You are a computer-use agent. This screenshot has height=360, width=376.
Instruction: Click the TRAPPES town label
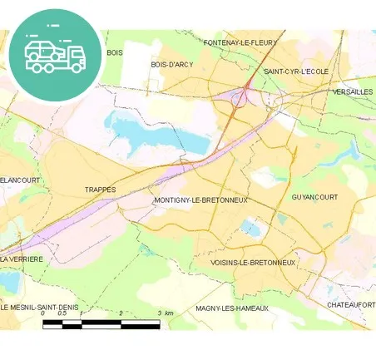(100, 190)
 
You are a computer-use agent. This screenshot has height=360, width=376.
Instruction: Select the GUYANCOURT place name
(314, 197)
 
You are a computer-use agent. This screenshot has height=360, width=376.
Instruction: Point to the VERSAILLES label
(352, 92)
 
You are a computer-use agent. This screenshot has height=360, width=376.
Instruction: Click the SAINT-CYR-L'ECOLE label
(296, 72)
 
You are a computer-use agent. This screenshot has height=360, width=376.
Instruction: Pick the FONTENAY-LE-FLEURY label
(240, 42)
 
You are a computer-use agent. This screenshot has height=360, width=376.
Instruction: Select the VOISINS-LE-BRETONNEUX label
(253, 263)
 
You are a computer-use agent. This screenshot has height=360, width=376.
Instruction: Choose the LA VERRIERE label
(22, 259)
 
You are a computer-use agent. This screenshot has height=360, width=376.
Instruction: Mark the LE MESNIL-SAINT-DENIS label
(40, 308)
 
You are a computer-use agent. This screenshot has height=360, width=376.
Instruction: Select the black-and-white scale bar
(101, 323)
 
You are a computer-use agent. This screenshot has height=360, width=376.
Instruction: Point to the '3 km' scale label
(165, 313)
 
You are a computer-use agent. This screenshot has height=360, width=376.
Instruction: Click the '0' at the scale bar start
(43, 313)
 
